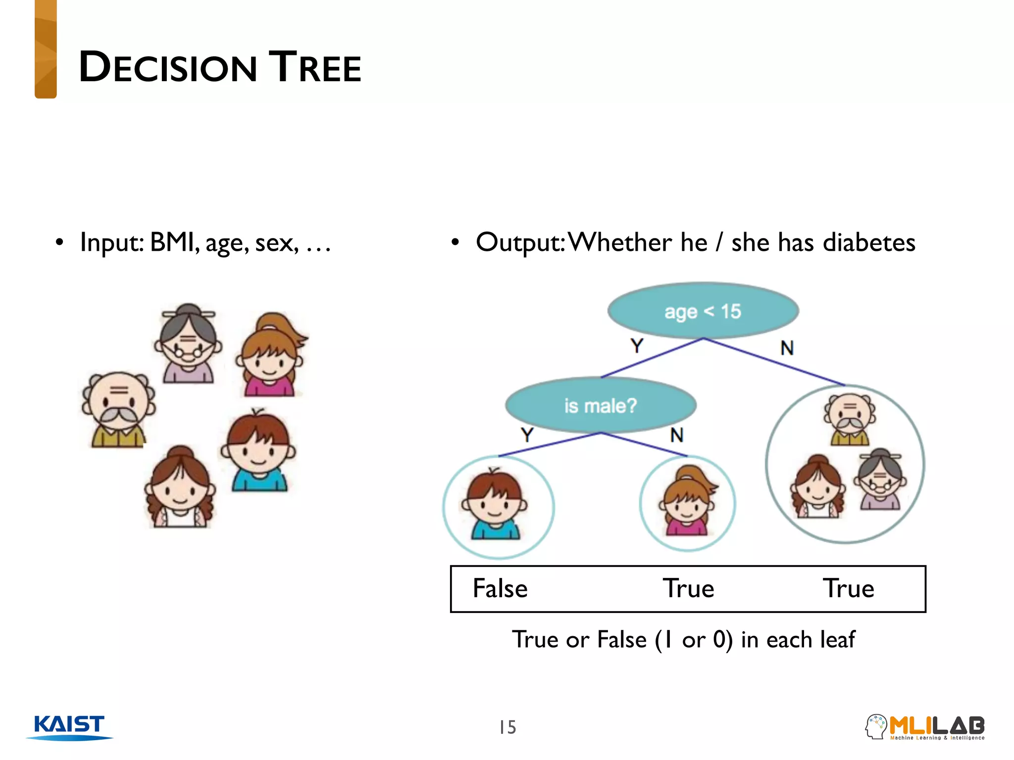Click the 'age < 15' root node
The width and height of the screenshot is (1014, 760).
703,311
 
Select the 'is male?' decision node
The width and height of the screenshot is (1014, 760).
601,406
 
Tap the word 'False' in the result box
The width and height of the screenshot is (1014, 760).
500,588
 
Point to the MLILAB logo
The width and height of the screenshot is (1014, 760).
925,727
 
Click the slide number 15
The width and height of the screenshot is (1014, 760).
507,727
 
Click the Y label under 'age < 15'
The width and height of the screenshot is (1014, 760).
637,345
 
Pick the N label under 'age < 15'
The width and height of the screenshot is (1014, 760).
787,348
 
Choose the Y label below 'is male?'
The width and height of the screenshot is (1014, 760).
527,435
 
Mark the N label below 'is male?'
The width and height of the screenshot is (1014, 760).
677,435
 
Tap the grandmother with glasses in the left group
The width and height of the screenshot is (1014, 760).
188,343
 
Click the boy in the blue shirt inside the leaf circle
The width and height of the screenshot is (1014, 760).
495,505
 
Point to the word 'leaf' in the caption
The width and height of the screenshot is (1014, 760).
837,639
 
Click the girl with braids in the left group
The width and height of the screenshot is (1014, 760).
180,487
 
